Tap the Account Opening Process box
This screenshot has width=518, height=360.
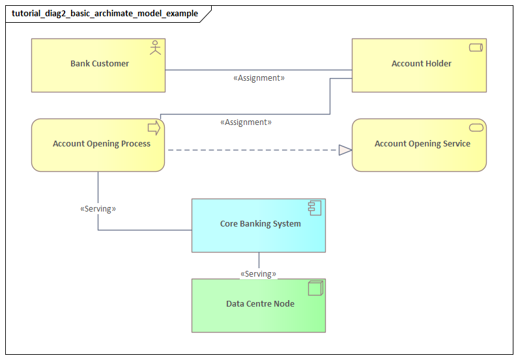pos(98,145)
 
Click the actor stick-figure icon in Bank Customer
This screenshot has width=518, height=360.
pos(155,48)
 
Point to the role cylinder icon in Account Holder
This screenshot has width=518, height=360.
pos(476,48)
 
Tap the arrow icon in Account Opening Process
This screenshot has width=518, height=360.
pos(154,128)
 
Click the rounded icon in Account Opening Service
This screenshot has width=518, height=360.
pos(476,126)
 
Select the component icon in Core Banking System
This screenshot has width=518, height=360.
pos(315,208)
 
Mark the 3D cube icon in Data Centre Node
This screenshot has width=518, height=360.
pos(315,288)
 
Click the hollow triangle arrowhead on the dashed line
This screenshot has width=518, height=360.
pos(345,150)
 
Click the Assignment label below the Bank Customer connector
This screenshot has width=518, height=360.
pos(259,78)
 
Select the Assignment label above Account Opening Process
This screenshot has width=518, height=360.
pos(246,122)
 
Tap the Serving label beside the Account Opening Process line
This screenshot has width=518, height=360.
pos(98,210)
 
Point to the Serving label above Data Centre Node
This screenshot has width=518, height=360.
pos(258,274)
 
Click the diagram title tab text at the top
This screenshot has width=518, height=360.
pos(105,14)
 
